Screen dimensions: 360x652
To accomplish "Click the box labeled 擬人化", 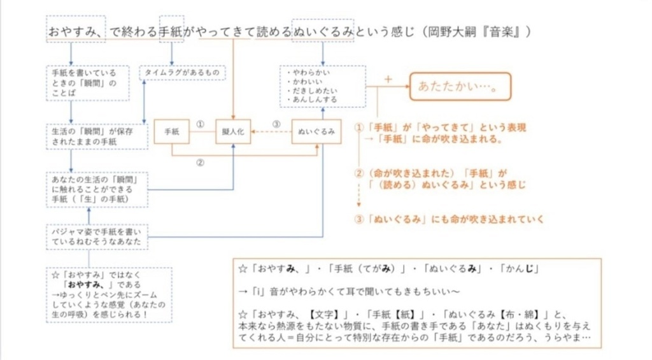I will coord(234,132).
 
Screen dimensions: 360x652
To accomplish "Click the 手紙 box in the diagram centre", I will coord(173,132).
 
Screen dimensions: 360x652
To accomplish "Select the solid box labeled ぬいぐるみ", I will coord(322,132).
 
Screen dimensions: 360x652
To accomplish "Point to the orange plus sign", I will coord(386,80).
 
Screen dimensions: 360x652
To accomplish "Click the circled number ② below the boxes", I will coord(200,162).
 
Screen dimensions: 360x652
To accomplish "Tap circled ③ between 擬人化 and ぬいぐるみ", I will coord(276,124).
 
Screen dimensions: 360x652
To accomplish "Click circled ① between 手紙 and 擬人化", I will coord(200,124).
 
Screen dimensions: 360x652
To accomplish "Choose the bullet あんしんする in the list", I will coord(312,100).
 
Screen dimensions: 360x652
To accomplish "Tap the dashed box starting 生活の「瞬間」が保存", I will coord(88,136).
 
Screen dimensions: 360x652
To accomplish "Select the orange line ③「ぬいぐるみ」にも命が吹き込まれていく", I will coord(450,219).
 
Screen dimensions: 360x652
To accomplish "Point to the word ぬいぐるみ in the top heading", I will coord(323,31).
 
